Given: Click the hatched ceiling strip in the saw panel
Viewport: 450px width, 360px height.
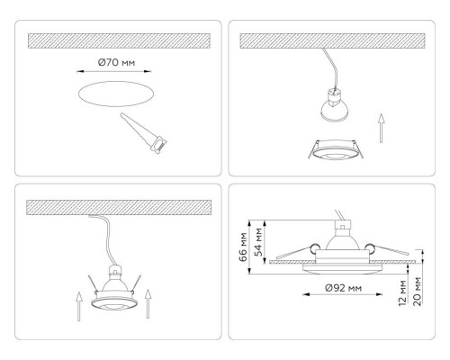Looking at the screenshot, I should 119,41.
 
